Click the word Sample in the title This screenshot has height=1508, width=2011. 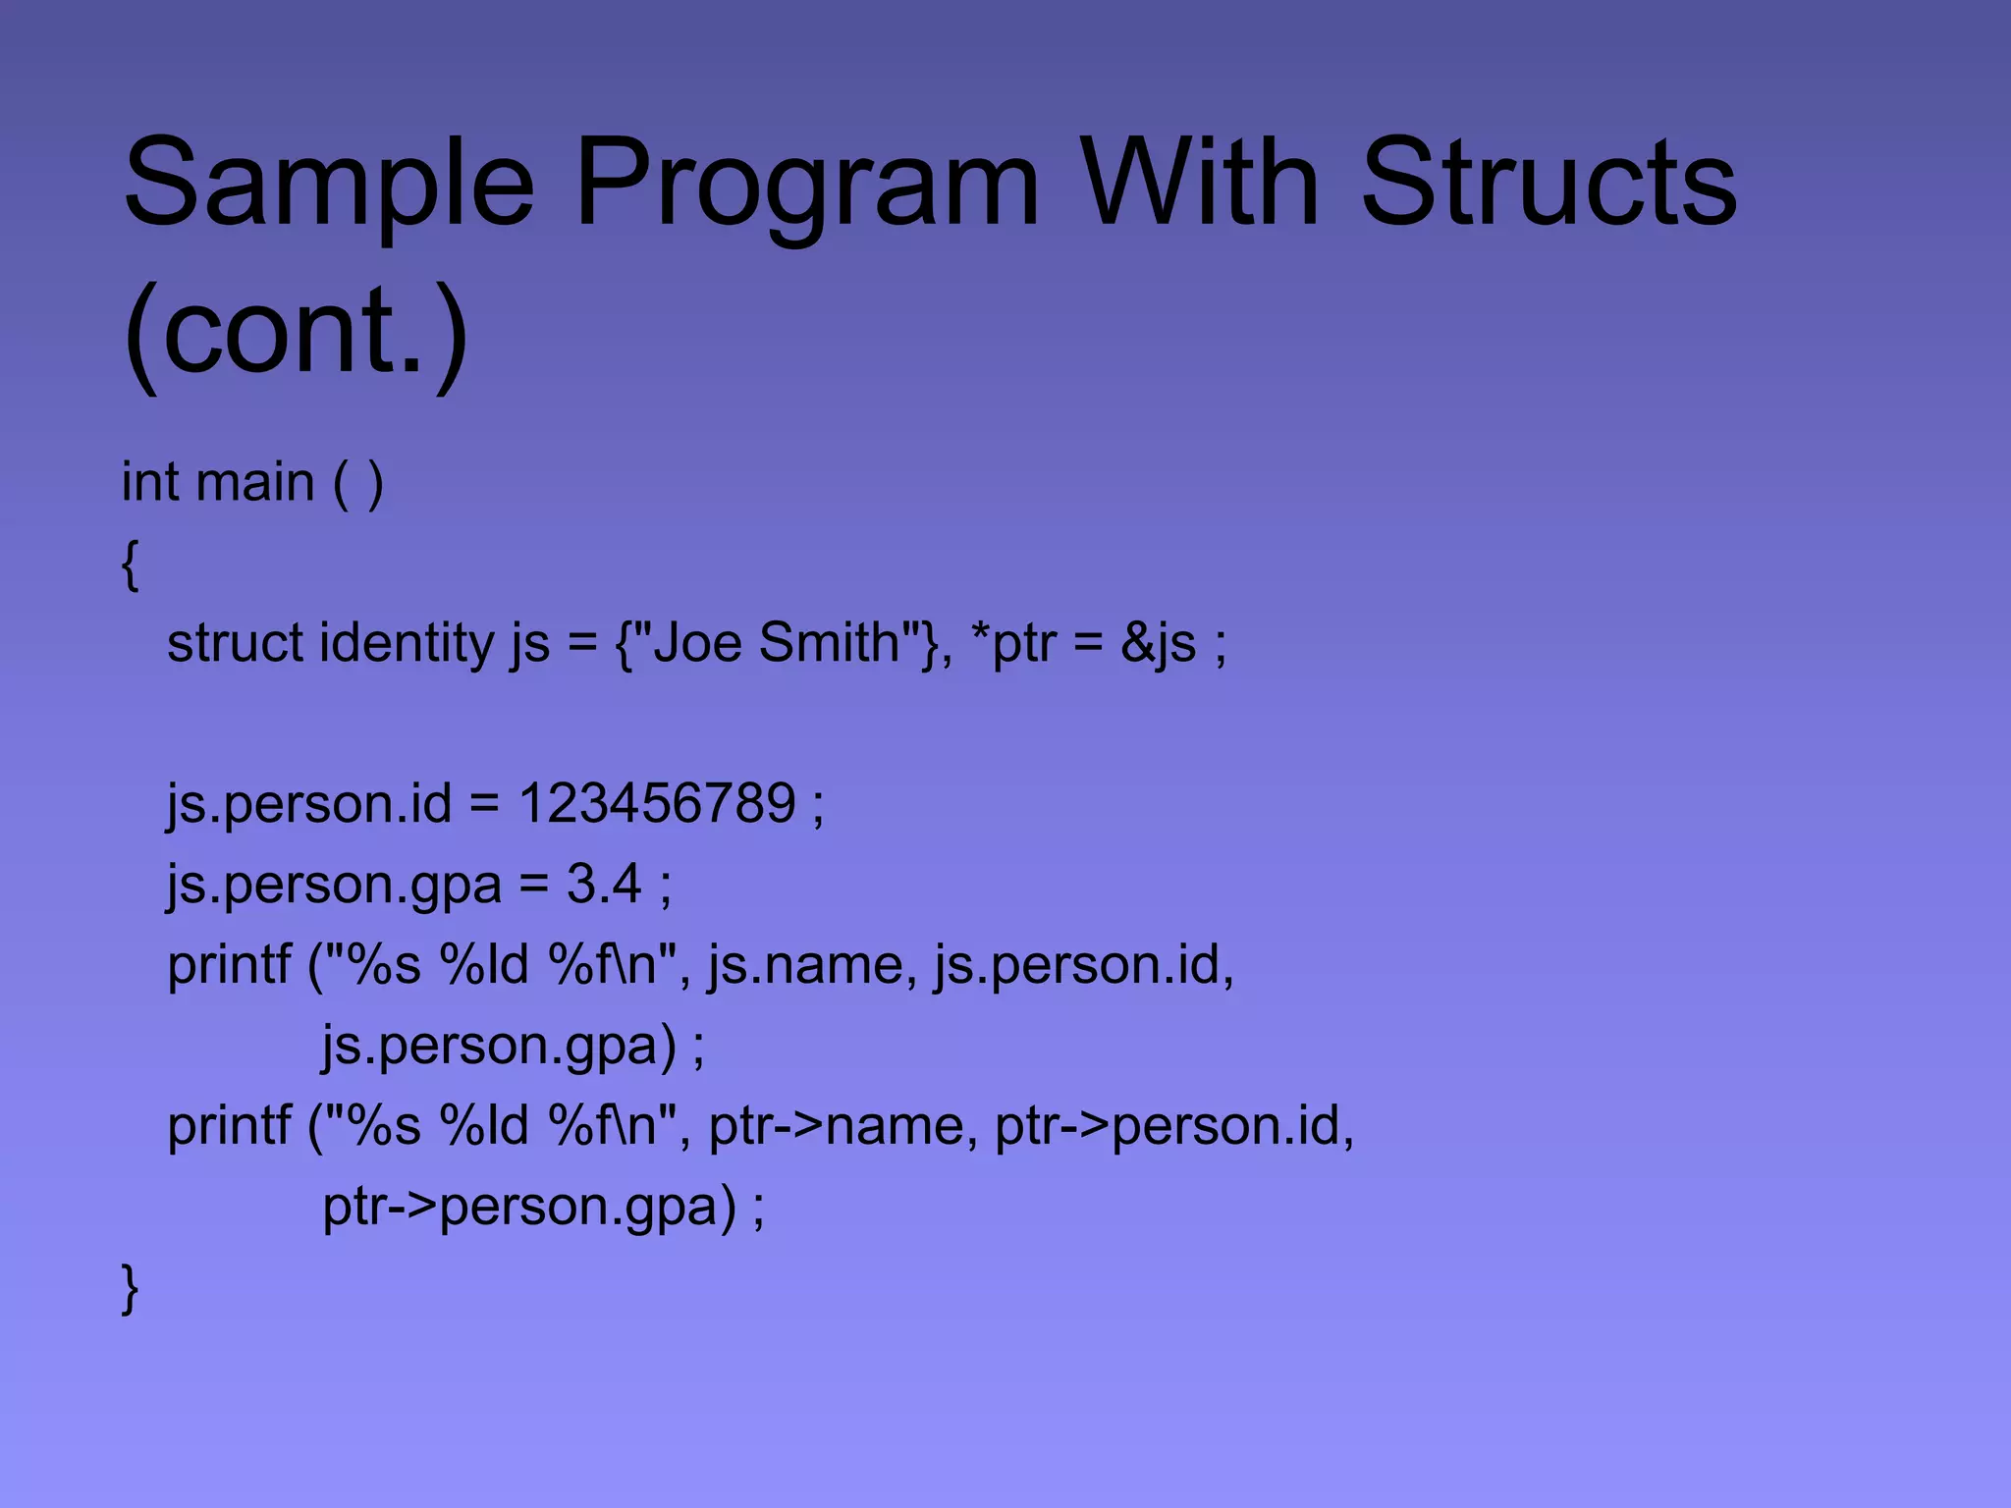pyautogui.click(x=328, y=183)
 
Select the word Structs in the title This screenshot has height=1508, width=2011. pyautogui.click(x=1549, y=183)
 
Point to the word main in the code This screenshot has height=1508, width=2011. pyautogui.click(x=254, y=483)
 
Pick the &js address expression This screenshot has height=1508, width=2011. pyautogui.click(x=1159, y=644)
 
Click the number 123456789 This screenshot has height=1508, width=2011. pyautogui.click(x=656, y=804)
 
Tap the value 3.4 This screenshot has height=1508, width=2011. pyautogui.click(x=603, y=884)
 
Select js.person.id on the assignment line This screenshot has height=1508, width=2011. pyautogui.click(x=309, y=804)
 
